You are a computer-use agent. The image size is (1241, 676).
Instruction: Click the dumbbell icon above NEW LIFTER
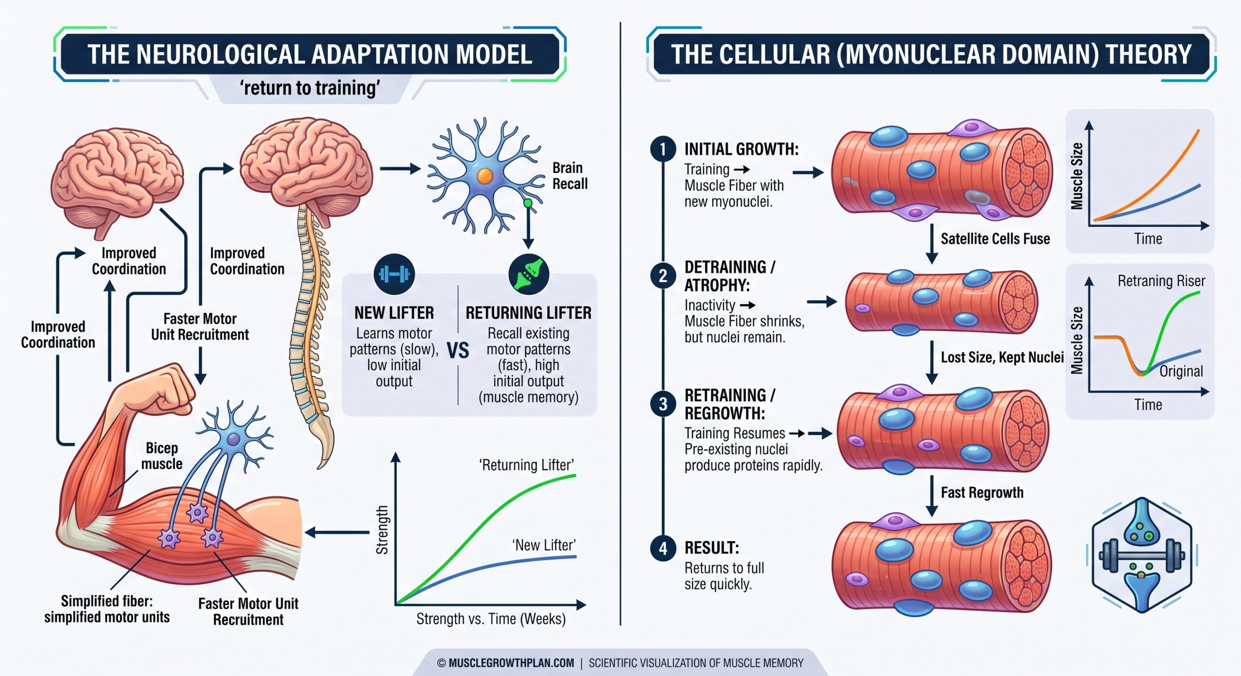(x=394, y=274)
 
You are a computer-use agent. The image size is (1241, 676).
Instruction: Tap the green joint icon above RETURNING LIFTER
(x=528, y=274)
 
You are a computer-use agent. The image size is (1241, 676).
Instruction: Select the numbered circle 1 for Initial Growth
(x=663, y=149)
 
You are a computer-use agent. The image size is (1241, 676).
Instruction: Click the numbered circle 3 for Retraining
(x=663, y=404)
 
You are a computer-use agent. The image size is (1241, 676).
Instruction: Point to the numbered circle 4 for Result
(x=663, y=548)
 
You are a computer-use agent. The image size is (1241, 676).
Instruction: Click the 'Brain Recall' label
(x=570, y=176)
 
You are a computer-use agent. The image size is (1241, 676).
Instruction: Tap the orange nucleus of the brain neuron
(x=485, y=175)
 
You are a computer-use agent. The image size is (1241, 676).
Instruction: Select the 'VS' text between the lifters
(x=458, y=351)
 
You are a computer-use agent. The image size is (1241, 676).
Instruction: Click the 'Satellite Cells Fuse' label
(x=995, y=239)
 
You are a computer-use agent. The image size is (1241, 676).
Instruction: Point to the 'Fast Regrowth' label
(x=982, y=492)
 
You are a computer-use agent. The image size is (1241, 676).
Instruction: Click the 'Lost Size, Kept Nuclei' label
(x=1002, y=357)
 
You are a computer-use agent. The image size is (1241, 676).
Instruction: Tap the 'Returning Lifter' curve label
(x=526, y=465)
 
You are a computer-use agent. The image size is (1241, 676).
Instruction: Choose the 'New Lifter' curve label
(x=544, y=545)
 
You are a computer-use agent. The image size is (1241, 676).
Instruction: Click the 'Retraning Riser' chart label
(x=1161, y=281)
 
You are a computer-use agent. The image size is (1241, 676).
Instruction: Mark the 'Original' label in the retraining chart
(x=1181, y=371)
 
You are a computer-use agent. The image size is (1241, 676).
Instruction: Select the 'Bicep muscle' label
(x=162, y=456)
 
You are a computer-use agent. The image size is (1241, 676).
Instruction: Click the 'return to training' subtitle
(x=310, y=88)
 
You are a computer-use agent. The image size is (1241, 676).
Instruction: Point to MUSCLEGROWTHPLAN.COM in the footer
(x=511, y=663)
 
